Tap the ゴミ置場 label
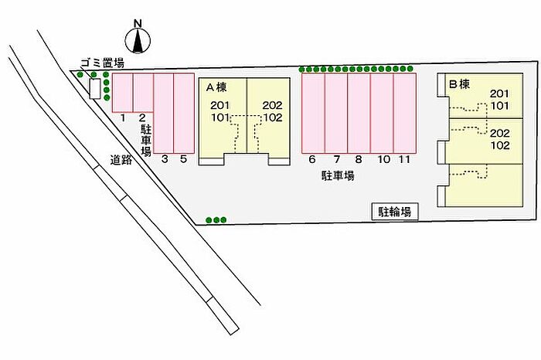(102, 63)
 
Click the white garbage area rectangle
(95, 89)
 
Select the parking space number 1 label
(122, 118)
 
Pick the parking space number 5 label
(184, 159)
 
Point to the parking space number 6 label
(312, 159)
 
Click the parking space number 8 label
(359, 159)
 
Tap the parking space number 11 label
(404, 159)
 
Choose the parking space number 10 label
(383, 159)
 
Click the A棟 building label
(216, 87)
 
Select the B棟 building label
(460, 83)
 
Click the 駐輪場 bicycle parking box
(395, 212)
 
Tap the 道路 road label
(121, 160)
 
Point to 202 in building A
(273, 105)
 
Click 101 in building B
(499, 106)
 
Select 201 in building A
(220, 105)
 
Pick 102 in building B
(500, 144)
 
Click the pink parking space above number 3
(164, 113)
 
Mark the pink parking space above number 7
(336, 113)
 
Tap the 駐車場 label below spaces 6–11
(339, 176)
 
